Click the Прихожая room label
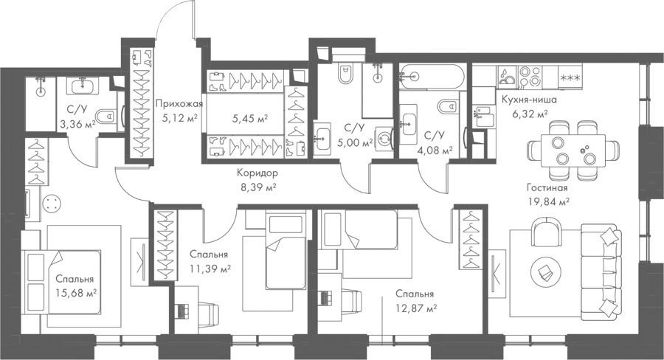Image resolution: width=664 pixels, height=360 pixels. pos(179,104)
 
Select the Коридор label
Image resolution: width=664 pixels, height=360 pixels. pos(257,173)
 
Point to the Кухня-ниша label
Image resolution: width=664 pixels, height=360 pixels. pos(529,100)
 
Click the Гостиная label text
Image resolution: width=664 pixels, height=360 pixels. pos(547,187)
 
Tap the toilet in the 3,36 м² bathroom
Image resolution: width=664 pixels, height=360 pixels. pos(106,116)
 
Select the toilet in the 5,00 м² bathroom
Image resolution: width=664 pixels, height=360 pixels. pos(345,73)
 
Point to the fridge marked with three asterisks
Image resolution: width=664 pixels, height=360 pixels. pos(570,77)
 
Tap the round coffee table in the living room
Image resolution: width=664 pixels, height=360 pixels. pos(545,270)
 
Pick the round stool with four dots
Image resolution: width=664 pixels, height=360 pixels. pos(52,205)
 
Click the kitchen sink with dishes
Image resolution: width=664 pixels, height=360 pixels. pos(507,76)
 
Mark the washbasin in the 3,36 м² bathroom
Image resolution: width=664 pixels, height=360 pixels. pos(83,86)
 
